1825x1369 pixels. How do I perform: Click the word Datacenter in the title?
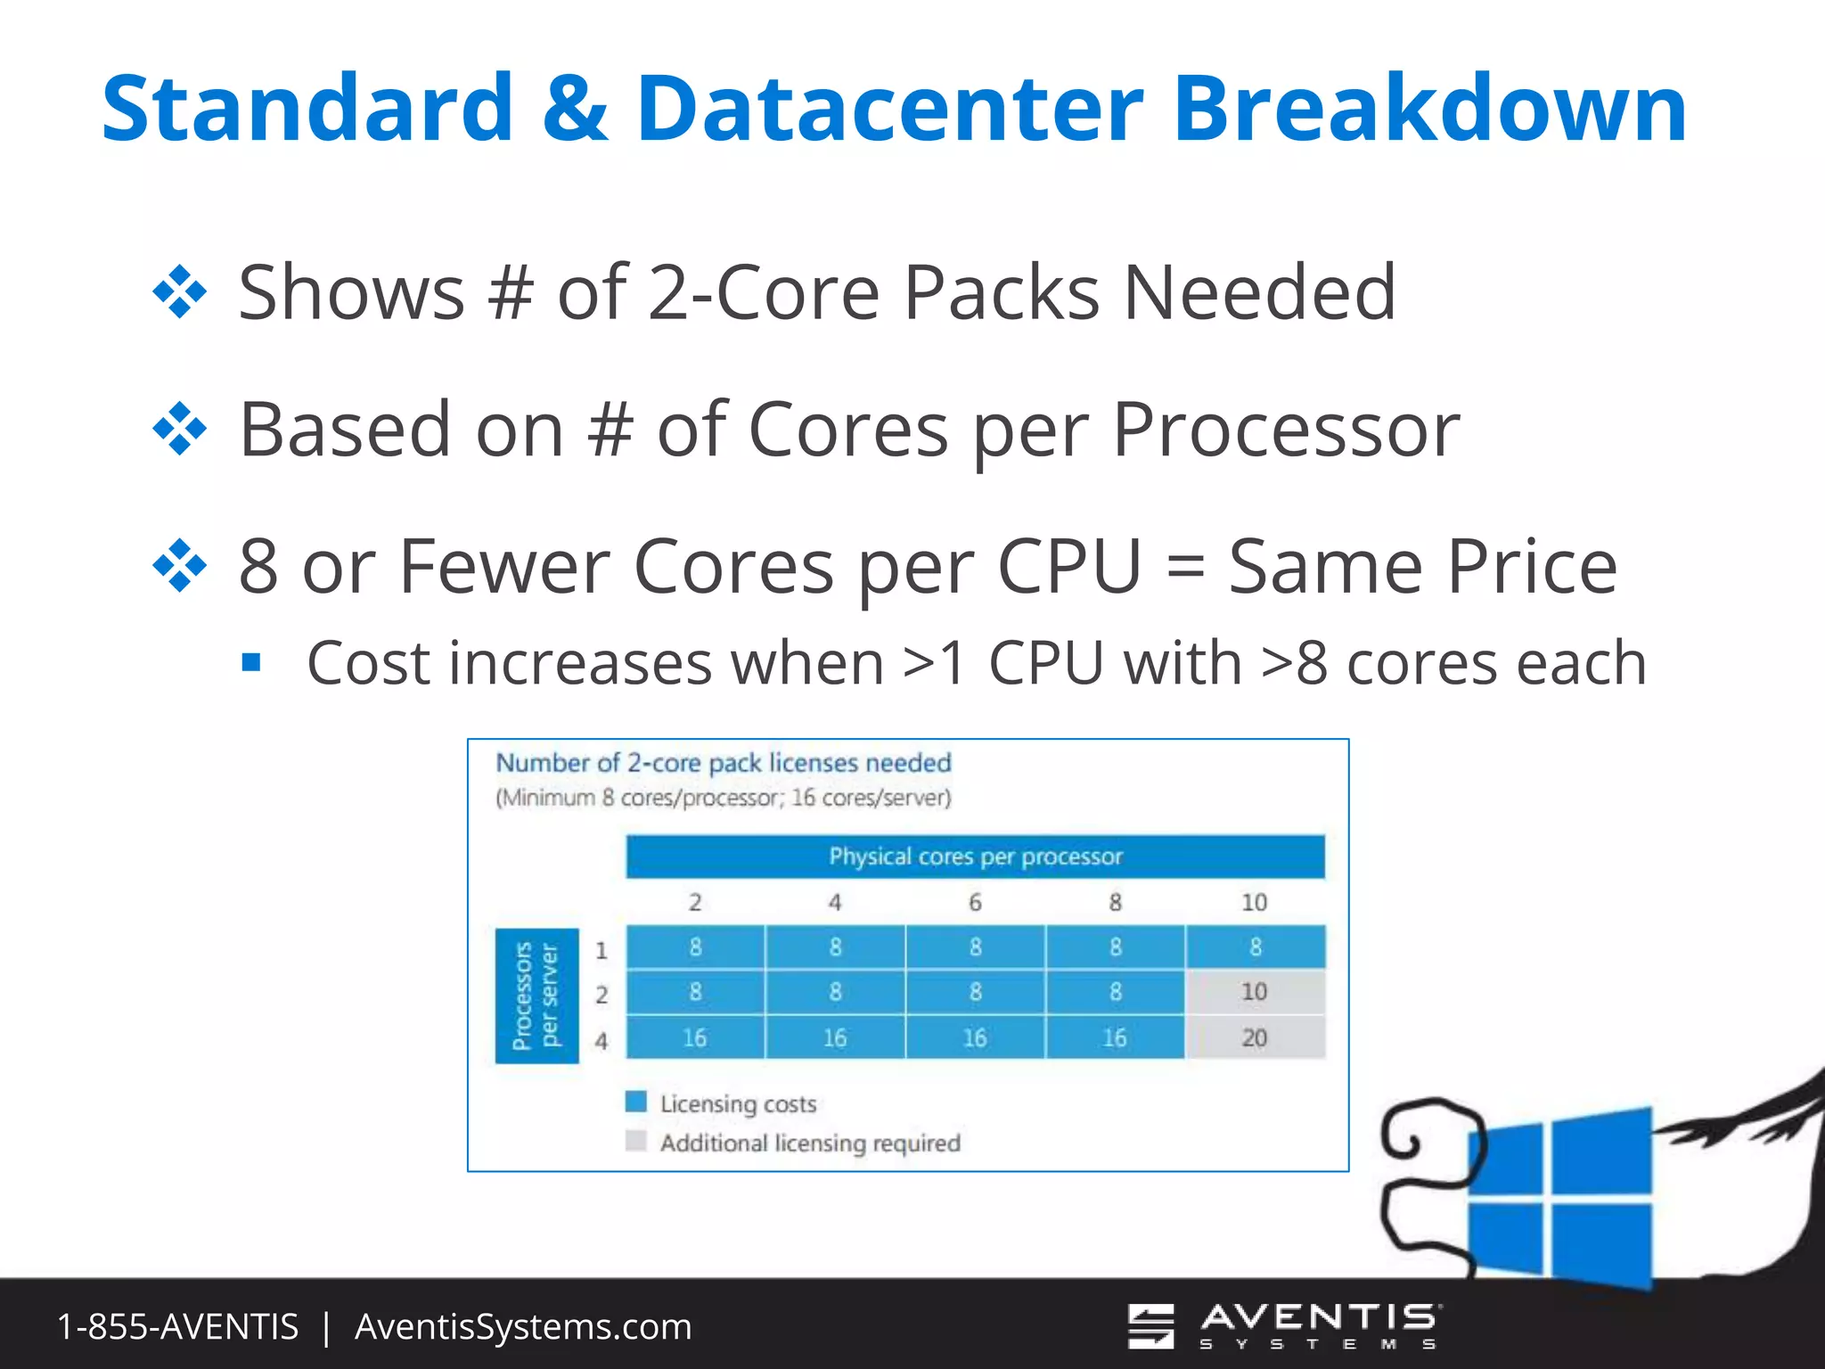pyautogui.click(x=888, y=108)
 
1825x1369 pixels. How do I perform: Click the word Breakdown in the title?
pyautogui.click(x=1429, y=108)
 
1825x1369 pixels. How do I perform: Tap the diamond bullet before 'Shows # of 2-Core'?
pyautogui.click(x=180, y=291)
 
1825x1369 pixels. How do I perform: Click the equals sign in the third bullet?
pyautogui.click(x=1185, y=567)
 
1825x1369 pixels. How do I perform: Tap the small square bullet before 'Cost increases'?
pyautogui.click(x=251, y=662)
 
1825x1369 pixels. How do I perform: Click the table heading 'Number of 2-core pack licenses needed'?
pyautogui.click(x=723, y=763)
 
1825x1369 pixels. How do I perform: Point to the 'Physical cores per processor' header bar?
pyautogui.click(x=975, y=857)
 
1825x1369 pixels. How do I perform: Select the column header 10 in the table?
pyautogui.click(x=1254, y=903)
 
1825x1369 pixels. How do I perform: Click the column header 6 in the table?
pyautogui.click(x=975, y=903)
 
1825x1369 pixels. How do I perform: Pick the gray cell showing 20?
pyautogui.click(x=1254, y=1037)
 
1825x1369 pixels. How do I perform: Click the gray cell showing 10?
pyautogui.click(x=1254, y=991)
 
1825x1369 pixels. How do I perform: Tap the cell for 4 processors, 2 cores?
pyautogui.click(x=695, y=1037)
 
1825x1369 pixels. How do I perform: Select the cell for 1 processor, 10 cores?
pyautogui.click(x=1255, y=947)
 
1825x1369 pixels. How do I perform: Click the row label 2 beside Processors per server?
pyautogui.click(x=602, y=995)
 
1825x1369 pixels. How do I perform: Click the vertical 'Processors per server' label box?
pyautogui.click(x=536, y=996)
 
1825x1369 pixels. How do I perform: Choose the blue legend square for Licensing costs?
pyautogui.click(x=636, y=1102)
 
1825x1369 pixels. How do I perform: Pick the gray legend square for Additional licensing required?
pyautogui.click(x=636, y=1141)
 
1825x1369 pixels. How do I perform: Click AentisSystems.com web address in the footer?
pyautogui.click(x=523, y=1326)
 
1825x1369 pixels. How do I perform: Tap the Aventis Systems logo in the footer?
pyautogui.click(x=1283, y=1325)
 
